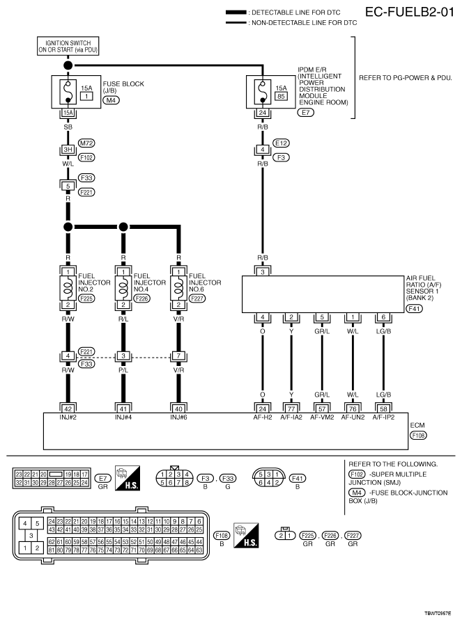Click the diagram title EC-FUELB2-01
pyautogui.click(x=409, y=12)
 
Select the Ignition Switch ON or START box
pyautogui.click(x=68, y=47)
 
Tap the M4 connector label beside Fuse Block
pyautogui.click(x=111, y=100)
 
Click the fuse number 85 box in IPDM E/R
pyautogui.click(x=282, y=96)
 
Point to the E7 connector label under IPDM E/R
pyautogui.click(x=305, y=112)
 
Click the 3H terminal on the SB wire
pyautogui.click(x=68, y=150)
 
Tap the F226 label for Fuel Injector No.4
pyautogui.click(x=142, y=298)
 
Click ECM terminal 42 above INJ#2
pyautogui.click(x=68, y=409)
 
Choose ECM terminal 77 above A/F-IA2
pyautogui.click(x=291, y=409)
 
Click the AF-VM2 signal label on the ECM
pyautogui.click(x=322, y=417)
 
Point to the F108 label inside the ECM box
pyautogui.click(x=418, y=436)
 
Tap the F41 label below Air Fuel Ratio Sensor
pyautogui.click(x=415, y=309)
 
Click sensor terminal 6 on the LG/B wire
pyautogui.click(x=383, y=317)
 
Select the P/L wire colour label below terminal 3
pyautogui.click(x=123, y=370)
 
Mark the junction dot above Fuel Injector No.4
pyautogui.click(x=123, y=227)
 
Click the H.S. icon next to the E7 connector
pyautogui.click(x=128, y=478)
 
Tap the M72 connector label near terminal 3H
pyautogui.click(x=86, y=143)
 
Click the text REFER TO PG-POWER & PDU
pyautogui.click(x=406, y=78)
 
